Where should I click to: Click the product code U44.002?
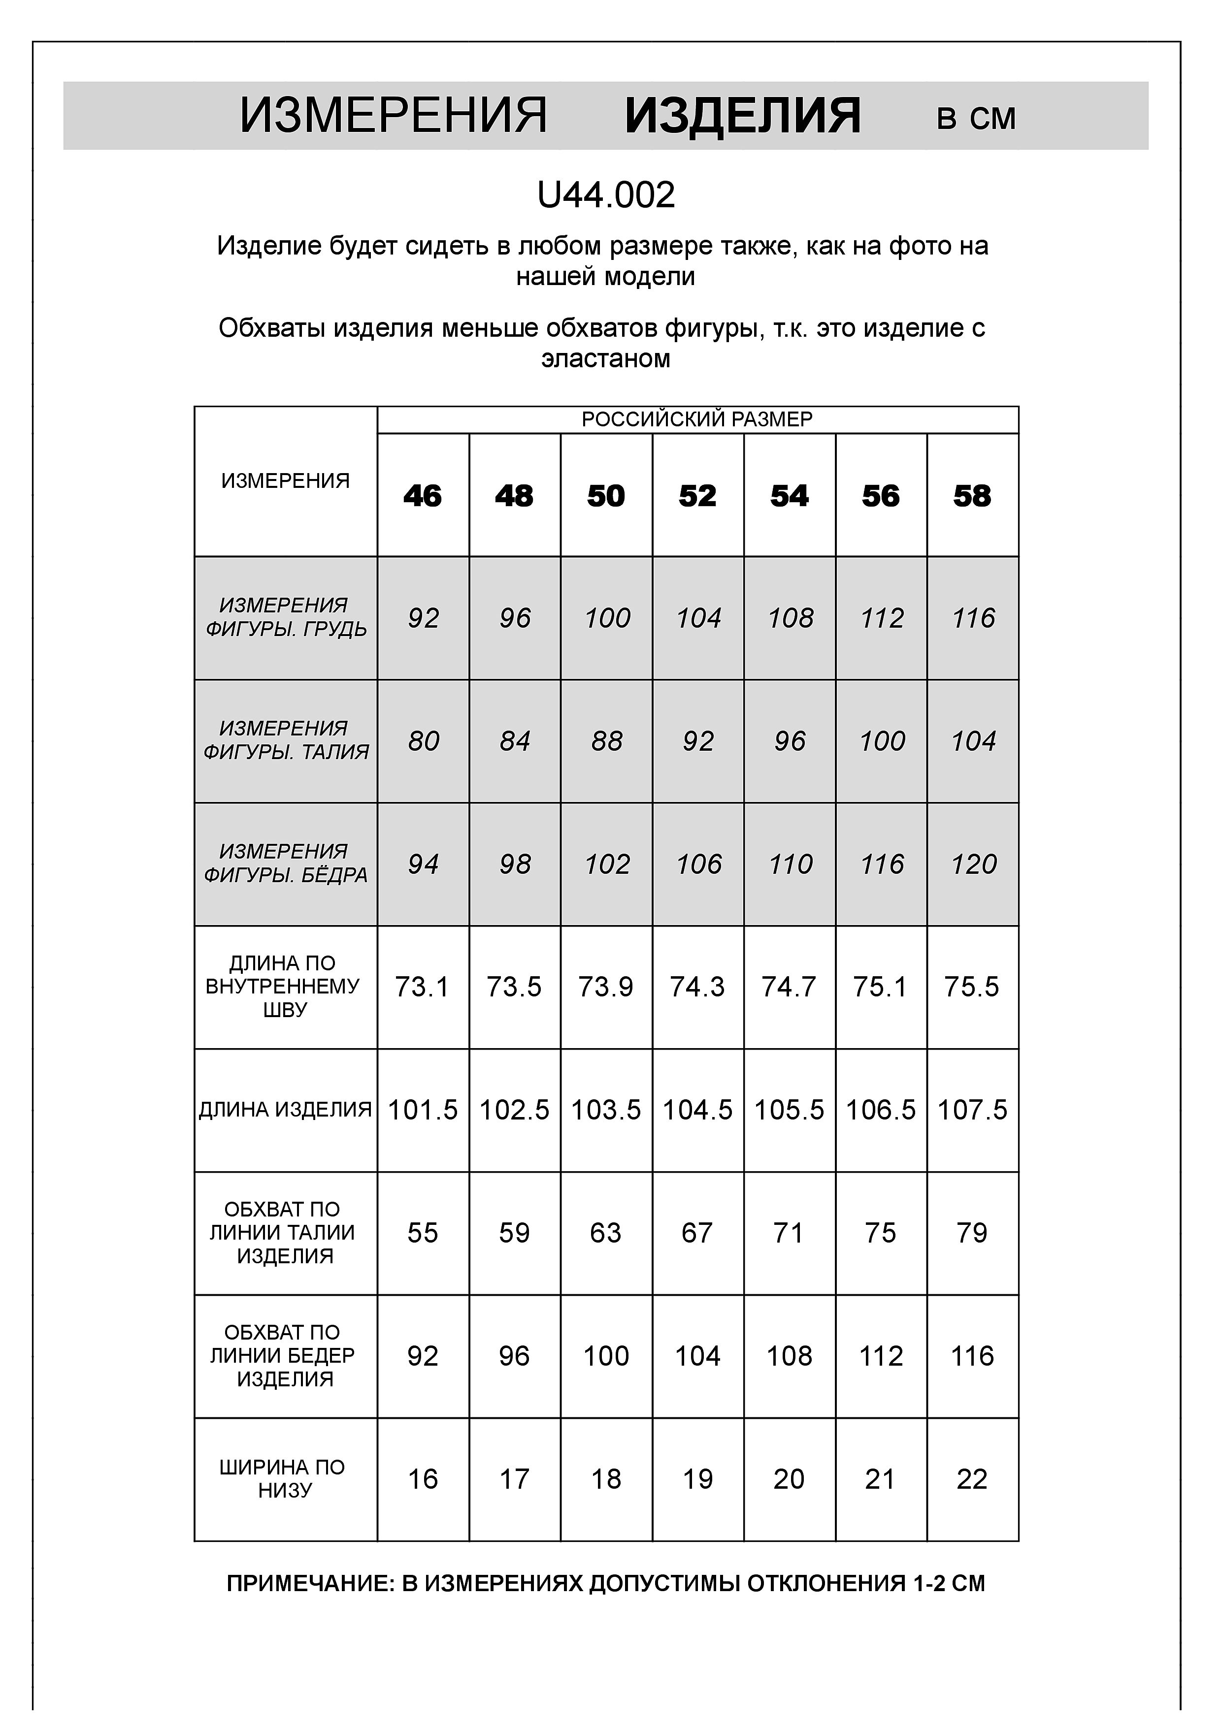(x=606, y=195)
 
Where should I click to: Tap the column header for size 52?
(x=697, y=496)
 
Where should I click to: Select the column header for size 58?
(x=972, y=496)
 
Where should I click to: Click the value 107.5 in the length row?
(x=972, y=1110)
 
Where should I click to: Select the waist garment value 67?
(x=697, y=1233)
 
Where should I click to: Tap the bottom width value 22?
(x=972, y=1479)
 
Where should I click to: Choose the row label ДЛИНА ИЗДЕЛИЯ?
(x=285, y=1110)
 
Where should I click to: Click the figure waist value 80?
(x=423, y=741)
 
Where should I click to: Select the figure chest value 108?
(x=790, y=618)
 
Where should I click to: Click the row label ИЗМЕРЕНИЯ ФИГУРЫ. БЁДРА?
(x=285, y=863)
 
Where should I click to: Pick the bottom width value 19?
(x=697, y=1479)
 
